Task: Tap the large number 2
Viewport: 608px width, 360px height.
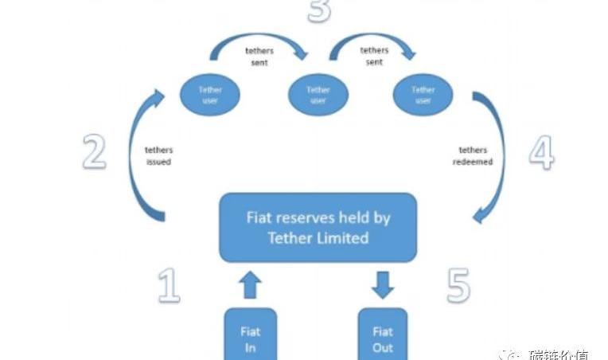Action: tap(94, 151)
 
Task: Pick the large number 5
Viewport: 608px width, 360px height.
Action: tap(458, 284)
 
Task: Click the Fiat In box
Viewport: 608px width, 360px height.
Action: tap(250, 335)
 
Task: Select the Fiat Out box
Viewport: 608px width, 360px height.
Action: tap(383, 335)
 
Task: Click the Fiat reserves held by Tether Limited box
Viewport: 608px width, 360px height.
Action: tap(318, 227)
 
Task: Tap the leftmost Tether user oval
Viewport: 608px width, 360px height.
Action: tap(211, 96)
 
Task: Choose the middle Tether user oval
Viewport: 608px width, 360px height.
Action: tap(318, 96)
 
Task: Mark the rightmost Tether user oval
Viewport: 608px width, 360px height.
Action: tap(423, 96)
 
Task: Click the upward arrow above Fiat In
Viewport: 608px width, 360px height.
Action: tap(250, 284)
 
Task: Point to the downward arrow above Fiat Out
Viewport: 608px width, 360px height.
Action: tap(383, 284)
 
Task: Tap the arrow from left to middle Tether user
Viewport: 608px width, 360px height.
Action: tap(259, 49)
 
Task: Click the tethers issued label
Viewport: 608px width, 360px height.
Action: tap(158, 155)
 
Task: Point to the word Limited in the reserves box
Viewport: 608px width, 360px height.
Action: tap(341, 237)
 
